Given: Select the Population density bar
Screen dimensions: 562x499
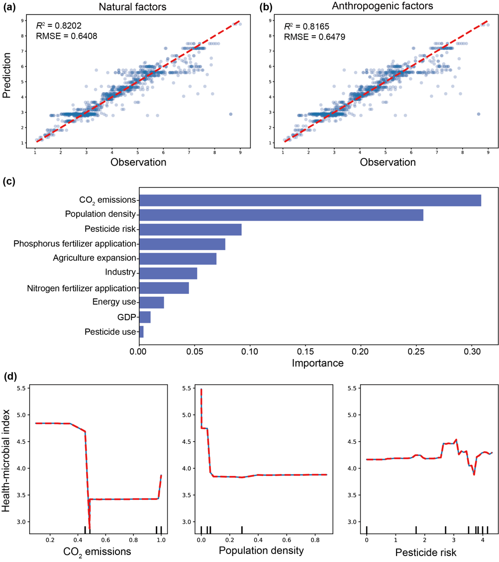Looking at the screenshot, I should pyautogui.click(x=281, y=215).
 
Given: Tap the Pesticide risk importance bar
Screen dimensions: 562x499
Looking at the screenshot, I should pyautogui.click(x=190, y=229).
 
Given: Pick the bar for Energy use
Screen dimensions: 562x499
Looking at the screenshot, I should pyautogui.click(x=151, y=302).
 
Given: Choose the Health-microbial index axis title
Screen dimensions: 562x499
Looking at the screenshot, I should pyautogui.click(x=7, y=454).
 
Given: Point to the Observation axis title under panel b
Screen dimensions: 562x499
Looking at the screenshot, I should pyautogui.click(x=387, y=163).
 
